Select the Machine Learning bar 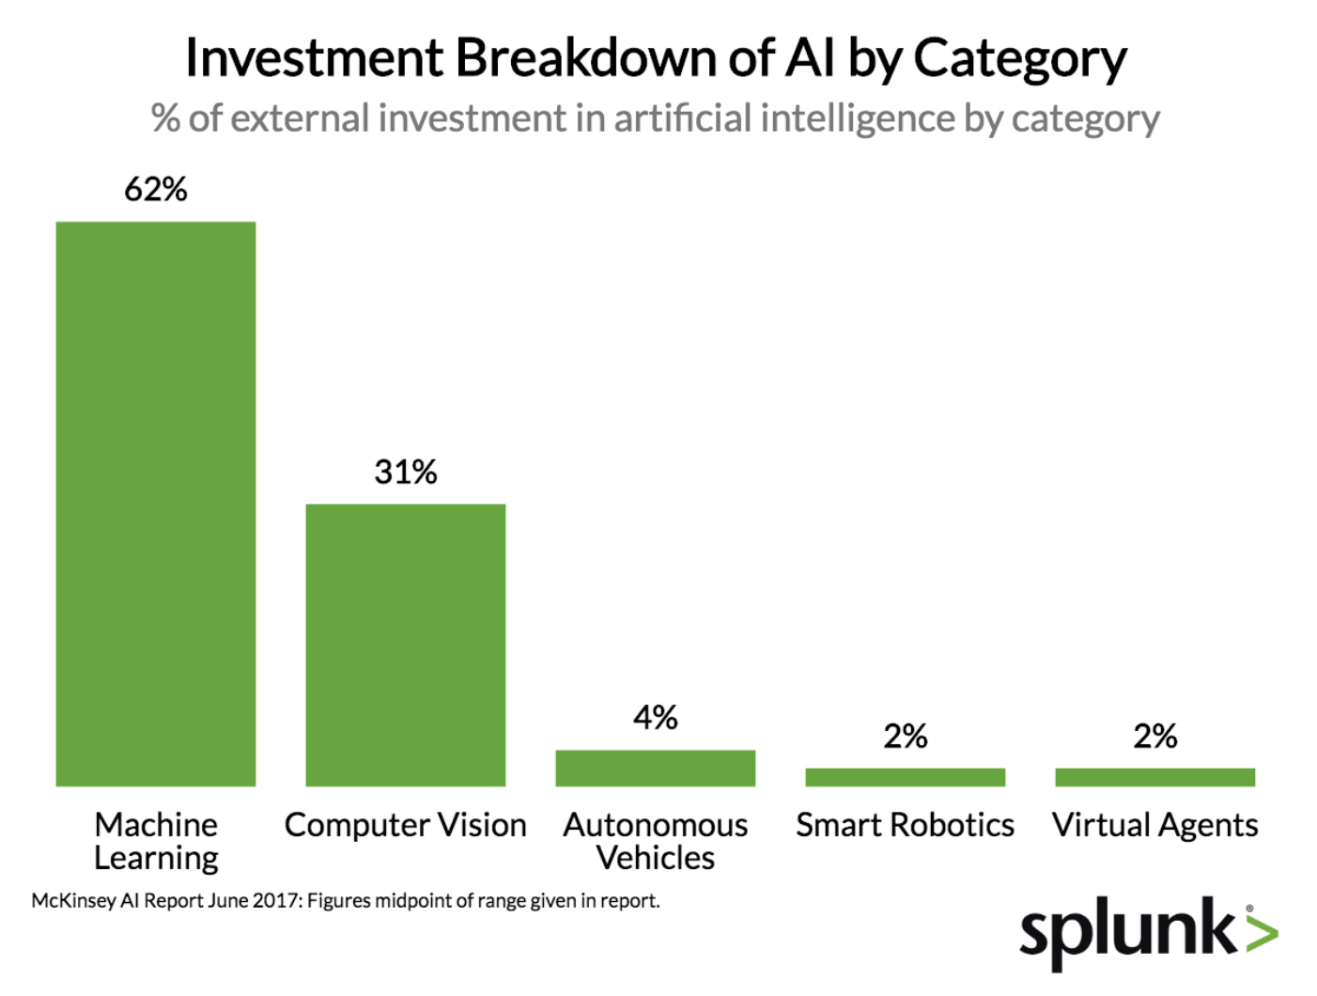pos(156,504)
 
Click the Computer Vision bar pos(406,645)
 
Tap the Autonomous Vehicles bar pos(656,768)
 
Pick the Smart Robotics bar pos(905,777)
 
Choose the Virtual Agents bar pos(1154,777)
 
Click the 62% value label pos(156,190)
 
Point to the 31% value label pos(406,472)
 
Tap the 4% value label pos(656,718)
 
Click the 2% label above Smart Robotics pos(905,736)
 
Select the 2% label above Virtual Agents pos(1154,736)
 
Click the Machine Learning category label pos(156,841)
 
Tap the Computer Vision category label pos(406,825)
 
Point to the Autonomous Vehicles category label pos(656,841)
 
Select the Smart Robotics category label pos(905,825)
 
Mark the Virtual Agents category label pos(1154,825)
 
